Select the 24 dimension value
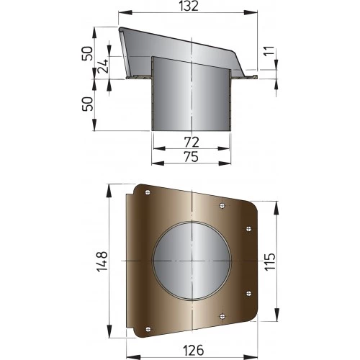[103, 67]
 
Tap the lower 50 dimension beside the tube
[87, 104]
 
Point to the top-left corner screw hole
[148, 192]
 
